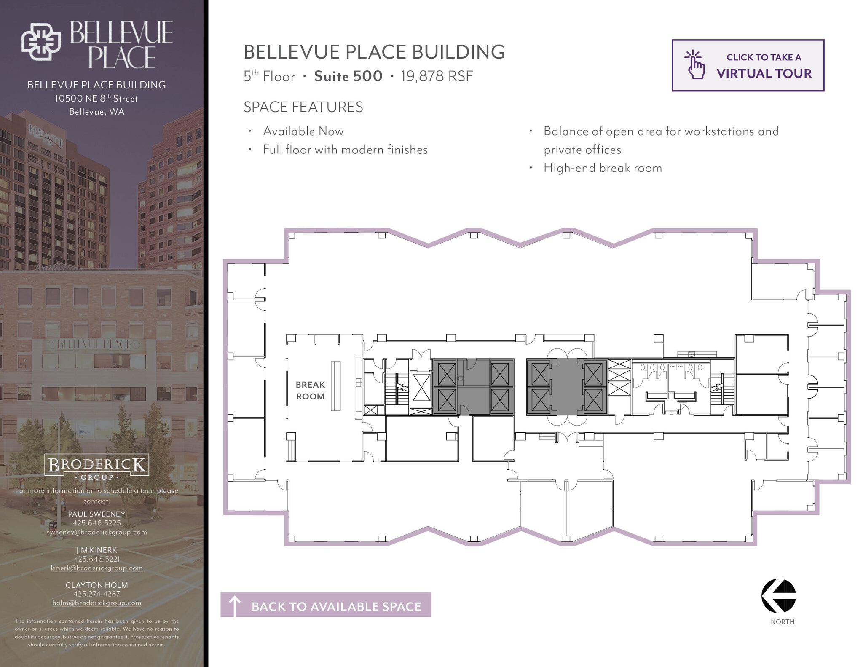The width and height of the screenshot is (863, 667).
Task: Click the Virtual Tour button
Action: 748,65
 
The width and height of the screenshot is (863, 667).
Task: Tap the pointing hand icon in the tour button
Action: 695,65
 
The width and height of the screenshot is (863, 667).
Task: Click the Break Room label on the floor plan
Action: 310,390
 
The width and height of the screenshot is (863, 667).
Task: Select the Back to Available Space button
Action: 326,605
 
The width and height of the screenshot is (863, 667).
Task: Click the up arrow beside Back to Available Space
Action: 234,605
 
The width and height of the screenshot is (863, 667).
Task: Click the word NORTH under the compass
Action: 783,622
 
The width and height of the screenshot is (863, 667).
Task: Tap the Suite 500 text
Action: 348,76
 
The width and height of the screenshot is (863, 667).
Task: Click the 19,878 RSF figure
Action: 437,76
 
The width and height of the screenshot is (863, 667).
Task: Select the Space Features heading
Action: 303,107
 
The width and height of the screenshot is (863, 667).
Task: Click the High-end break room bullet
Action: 603,168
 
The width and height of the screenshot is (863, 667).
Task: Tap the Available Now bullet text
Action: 303,131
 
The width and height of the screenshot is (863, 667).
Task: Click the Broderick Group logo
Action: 96,467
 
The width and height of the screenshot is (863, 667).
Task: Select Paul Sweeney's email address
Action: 97,532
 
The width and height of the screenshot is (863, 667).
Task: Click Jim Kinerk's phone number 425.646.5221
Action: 97,559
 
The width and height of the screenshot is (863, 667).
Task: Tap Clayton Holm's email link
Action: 97,603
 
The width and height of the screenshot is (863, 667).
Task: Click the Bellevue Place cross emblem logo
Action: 41,41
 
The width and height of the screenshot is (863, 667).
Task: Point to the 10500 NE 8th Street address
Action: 96,99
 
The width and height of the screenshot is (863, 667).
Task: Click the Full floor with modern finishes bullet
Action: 345,150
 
